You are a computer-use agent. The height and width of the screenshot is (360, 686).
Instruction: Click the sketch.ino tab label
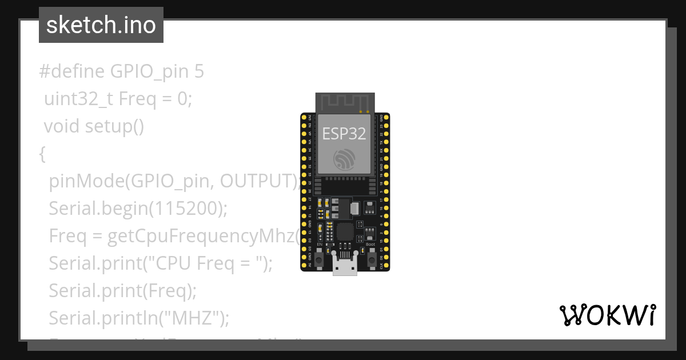(x=101, y=25)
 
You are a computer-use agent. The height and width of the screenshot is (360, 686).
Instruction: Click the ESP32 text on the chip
(x=344, y=133)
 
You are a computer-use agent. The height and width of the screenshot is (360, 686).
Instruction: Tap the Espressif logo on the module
(x=345, y=159)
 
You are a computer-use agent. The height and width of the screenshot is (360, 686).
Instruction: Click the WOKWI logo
(x=607, y=315)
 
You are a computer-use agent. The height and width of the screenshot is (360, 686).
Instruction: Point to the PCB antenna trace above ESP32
(x=345, y=103)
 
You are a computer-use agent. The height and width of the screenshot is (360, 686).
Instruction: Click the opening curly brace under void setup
(x=42, y=154)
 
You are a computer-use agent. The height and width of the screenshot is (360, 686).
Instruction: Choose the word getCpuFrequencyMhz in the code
(x=200, y=236)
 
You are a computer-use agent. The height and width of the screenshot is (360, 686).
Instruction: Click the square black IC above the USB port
(x=345, y=231)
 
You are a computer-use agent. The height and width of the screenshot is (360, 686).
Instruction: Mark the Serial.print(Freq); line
(x=122, y=291)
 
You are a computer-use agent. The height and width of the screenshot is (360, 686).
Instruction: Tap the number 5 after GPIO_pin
(x=198, y=72)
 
